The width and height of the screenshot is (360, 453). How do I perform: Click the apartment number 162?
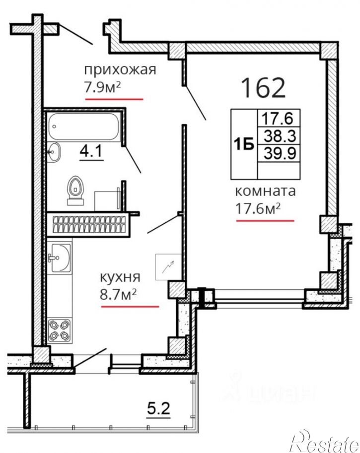point(263,87)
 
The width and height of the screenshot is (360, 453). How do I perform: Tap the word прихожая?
point(120,69)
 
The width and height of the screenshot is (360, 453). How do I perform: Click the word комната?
point(265,191)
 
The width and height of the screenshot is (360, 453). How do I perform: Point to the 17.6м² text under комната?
point(258,209)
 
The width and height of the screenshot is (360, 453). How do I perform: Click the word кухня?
point(121,277)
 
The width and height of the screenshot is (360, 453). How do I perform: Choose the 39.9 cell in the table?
point(279,153)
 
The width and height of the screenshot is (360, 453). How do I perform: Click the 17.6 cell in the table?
point(279,119)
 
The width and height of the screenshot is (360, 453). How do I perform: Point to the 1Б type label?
point(244,144)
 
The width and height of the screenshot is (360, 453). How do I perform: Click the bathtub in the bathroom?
point(82,128)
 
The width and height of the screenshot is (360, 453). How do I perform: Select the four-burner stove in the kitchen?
point(59,330)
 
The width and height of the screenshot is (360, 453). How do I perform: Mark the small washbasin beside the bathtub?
point(53,151)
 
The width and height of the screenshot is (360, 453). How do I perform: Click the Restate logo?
point(324,439)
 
